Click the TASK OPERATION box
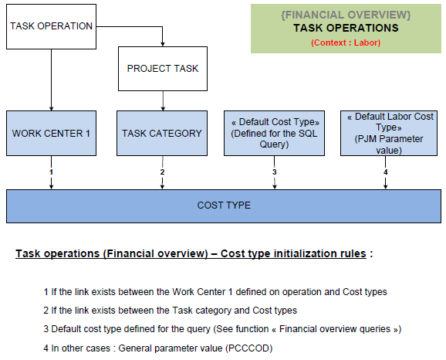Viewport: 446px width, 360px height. (51, 26)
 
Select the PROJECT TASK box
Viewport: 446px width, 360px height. (163, 69)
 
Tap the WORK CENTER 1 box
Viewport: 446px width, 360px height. (51, 134)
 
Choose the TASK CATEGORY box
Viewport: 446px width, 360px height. (162, 134)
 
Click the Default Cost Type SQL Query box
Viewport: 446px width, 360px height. (274, 134)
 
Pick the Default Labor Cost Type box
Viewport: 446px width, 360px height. (389, 134)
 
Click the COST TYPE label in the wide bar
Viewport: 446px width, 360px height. (224, 205)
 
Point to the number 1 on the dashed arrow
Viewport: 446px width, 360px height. (51, 172)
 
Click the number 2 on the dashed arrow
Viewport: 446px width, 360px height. (162, 172)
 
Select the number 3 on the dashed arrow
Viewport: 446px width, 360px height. (274, 172)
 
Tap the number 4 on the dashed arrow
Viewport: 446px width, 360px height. (385, 172)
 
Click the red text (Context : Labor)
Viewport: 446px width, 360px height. (346, 42)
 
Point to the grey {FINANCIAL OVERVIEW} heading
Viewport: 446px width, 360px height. (346, 15)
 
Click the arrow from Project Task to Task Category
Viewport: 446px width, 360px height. (163, 101)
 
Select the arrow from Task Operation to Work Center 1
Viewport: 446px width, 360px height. (51, 80)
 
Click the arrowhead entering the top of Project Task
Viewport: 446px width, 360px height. (162, 44)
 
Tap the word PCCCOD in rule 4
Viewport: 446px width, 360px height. (249, 348)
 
